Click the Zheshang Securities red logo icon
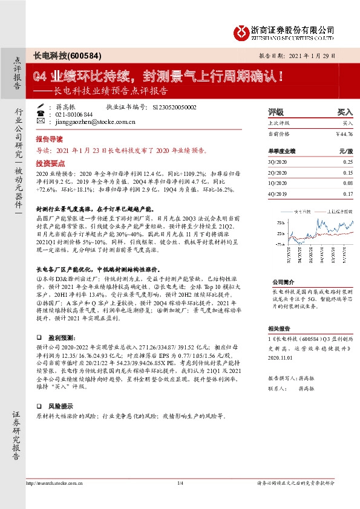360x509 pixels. [x=243, y=30]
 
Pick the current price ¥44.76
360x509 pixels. [x=343, y=133]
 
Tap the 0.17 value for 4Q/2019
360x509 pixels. [x=347, y=193]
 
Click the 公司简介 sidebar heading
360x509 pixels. [x=281, y=282]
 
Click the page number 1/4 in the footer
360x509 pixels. [x=180, y=484]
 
